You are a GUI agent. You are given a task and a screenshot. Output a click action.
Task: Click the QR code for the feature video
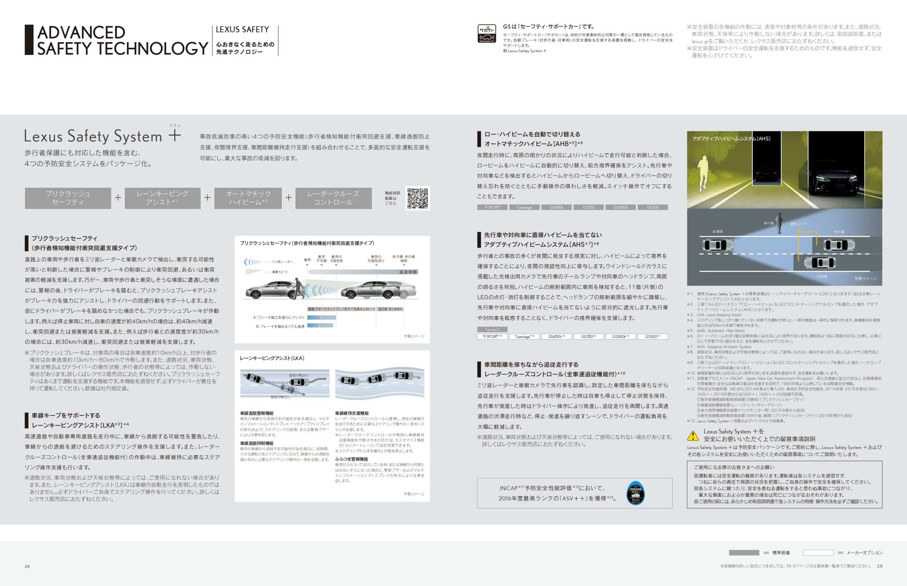(417, 198)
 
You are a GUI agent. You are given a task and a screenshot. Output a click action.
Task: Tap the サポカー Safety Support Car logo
(487, 34)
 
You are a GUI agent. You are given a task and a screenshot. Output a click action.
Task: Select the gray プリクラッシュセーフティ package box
(68, 198)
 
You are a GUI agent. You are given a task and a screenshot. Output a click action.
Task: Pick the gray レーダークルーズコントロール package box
(333, 198)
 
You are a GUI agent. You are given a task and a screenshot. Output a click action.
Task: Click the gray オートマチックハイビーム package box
(248, 198)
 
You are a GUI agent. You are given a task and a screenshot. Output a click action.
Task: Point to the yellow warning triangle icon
(693, 435)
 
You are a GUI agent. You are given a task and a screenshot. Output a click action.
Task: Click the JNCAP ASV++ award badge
(635, 493)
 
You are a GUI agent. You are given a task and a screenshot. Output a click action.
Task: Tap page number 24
(27, 566)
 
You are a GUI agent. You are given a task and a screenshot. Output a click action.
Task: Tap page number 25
(880, 566)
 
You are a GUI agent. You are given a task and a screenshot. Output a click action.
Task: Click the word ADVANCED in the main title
(81, 33)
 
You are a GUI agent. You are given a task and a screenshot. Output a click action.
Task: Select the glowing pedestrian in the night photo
(704, 173)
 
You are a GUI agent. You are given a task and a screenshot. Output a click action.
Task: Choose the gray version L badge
(492, 330)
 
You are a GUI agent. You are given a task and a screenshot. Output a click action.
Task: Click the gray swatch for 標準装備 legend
(744, 552)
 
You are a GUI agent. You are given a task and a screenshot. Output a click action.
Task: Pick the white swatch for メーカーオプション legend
(818, 552)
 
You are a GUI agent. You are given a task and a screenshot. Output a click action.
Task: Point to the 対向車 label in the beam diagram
(822, 277)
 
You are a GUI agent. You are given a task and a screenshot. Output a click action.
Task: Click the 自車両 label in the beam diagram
(717, 231)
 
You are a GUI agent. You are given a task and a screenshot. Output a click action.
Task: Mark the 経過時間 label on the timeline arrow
(408, 272)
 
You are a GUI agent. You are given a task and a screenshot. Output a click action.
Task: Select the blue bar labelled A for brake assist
(321, 317)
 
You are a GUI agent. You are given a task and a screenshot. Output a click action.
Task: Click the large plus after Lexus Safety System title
(175, 135)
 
